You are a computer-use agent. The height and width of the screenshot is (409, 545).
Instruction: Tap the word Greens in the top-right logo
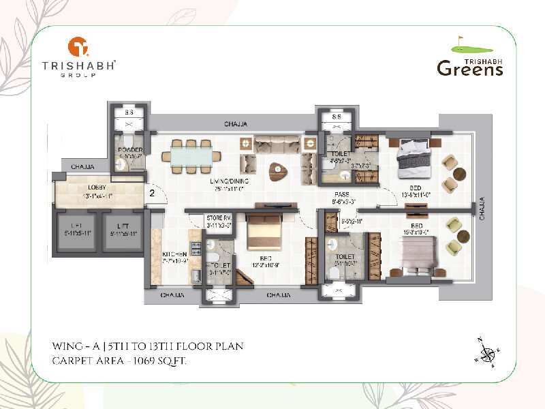click(469, 67)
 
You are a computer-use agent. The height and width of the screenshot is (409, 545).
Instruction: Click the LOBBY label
click(97, 188)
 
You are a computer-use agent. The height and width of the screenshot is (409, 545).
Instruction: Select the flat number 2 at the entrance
click(152, 193)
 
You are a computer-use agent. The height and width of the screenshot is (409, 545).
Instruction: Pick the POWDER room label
click(129, 150)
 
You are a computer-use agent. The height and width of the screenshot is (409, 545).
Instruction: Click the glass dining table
click(191, 155)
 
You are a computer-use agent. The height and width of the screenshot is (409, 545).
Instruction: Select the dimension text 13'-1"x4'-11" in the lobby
click(97, 196)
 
